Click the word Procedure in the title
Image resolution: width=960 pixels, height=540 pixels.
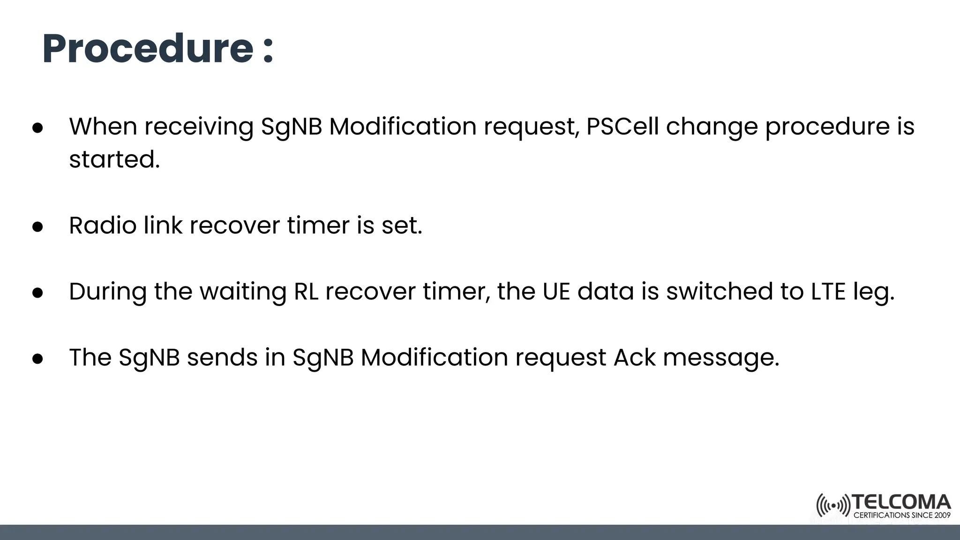(148, 49)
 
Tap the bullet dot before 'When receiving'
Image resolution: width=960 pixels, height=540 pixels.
(38, 128)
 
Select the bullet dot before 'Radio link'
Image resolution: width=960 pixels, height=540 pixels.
(38, 227)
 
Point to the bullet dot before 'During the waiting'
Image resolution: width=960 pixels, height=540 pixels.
(38, 293)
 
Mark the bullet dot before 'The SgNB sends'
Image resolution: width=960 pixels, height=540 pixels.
(38, 359)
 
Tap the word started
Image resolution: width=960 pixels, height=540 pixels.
(114, 159)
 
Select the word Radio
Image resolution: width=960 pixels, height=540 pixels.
(103, 225)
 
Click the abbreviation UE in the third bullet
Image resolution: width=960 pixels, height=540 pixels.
(556, 292)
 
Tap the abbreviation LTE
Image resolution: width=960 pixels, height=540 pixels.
(828, 292)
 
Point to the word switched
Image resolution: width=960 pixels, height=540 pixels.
(720, 292)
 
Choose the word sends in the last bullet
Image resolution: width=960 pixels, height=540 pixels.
(222, 358)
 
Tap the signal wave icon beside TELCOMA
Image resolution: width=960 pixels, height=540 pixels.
(833, 506)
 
